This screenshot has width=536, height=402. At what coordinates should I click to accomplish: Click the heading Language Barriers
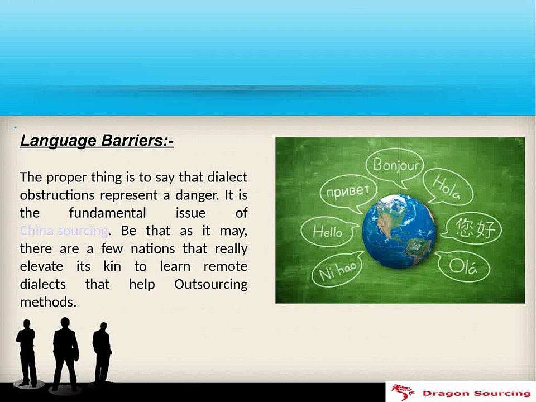click(x=97, y=141)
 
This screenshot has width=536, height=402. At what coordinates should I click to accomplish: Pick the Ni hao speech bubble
click(x=337, y=270)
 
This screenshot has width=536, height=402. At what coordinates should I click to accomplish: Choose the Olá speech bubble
click(x=463, y=267)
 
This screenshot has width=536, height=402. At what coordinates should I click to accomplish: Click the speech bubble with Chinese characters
click(x=474, y=228)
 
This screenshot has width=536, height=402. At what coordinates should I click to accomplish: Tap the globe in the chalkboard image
click(x=399, y=231)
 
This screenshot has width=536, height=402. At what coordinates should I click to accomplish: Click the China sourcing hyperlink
click(x=63, y=231)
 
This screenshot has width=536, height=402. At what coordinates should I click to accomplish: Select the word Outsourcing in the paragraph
click(x=210, y=284)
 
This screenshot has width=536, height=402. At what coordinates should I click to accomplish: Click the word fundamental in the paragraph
click(x=107, y=213)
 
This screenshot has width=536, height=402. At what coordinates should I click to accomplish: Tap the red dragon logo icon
click(x=403, y=392)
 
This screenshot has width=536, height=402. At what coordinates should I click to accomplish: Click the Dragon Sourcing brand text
click(x=475, y=393)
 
